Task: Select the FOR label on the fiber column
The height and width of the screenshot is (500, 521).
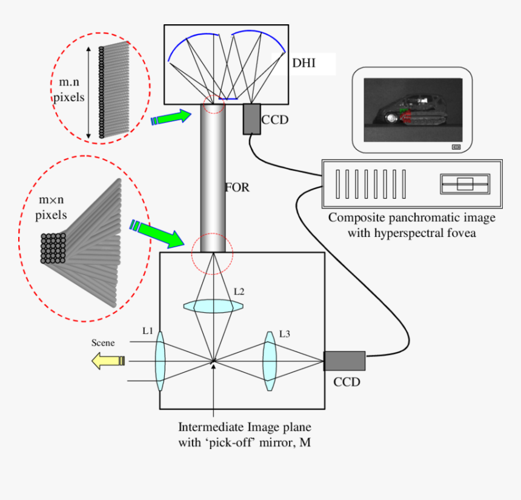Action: pyautogui.click(x=237, y=188)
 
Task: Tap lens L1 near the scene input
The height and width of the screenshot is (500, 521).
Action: pyautogui.click(x=160, y=361)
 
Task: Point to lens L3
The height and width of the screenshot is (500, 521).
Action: pyautogui.click(x=269, y=362)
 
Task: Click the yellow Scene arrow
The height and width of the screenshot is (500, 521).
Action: pyautogui.click(x=108, y=361)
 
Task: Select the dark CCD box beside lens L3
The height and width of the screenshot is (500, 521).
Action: pyautogui.click(x=345, y=361)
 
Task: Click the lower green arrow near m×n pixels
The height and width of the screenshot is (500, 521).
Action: pyautogui.click(x=159, y=234)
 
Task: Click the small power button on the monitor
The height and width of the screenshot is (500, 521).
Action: pyautogui.click(x=456, y=147)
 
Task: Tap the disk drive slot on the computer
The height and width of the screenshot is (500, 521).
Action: pyautogui.click(x=465, y=184)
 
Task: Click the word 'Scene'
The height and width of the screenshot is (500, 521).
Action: pyautogui.click(x=102, y=342)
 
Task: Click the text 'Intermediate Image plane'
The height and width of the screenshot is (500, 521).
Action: pyautogui.click(x=244, y=427)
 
